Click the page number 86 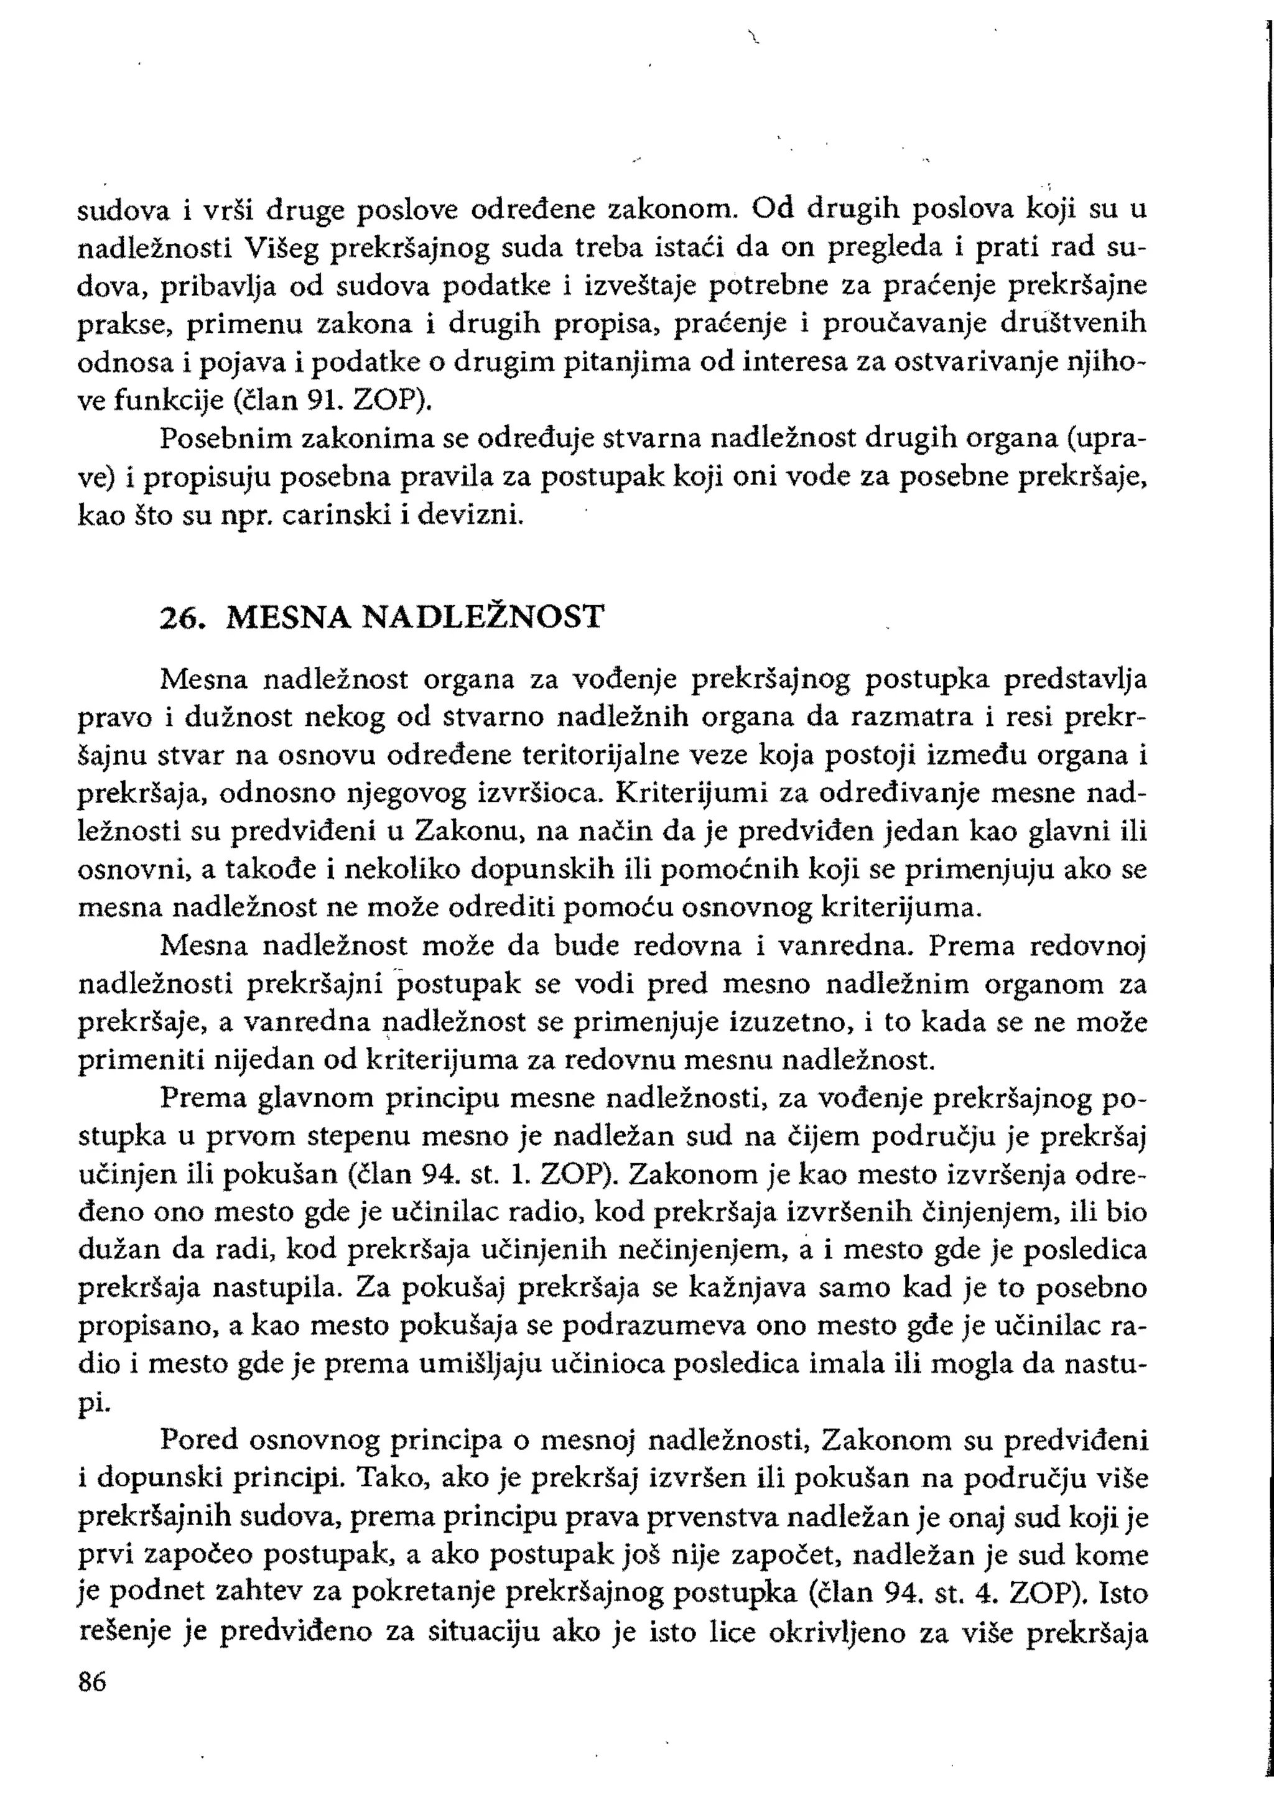pyautogui.click(x=92, y=1683)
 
